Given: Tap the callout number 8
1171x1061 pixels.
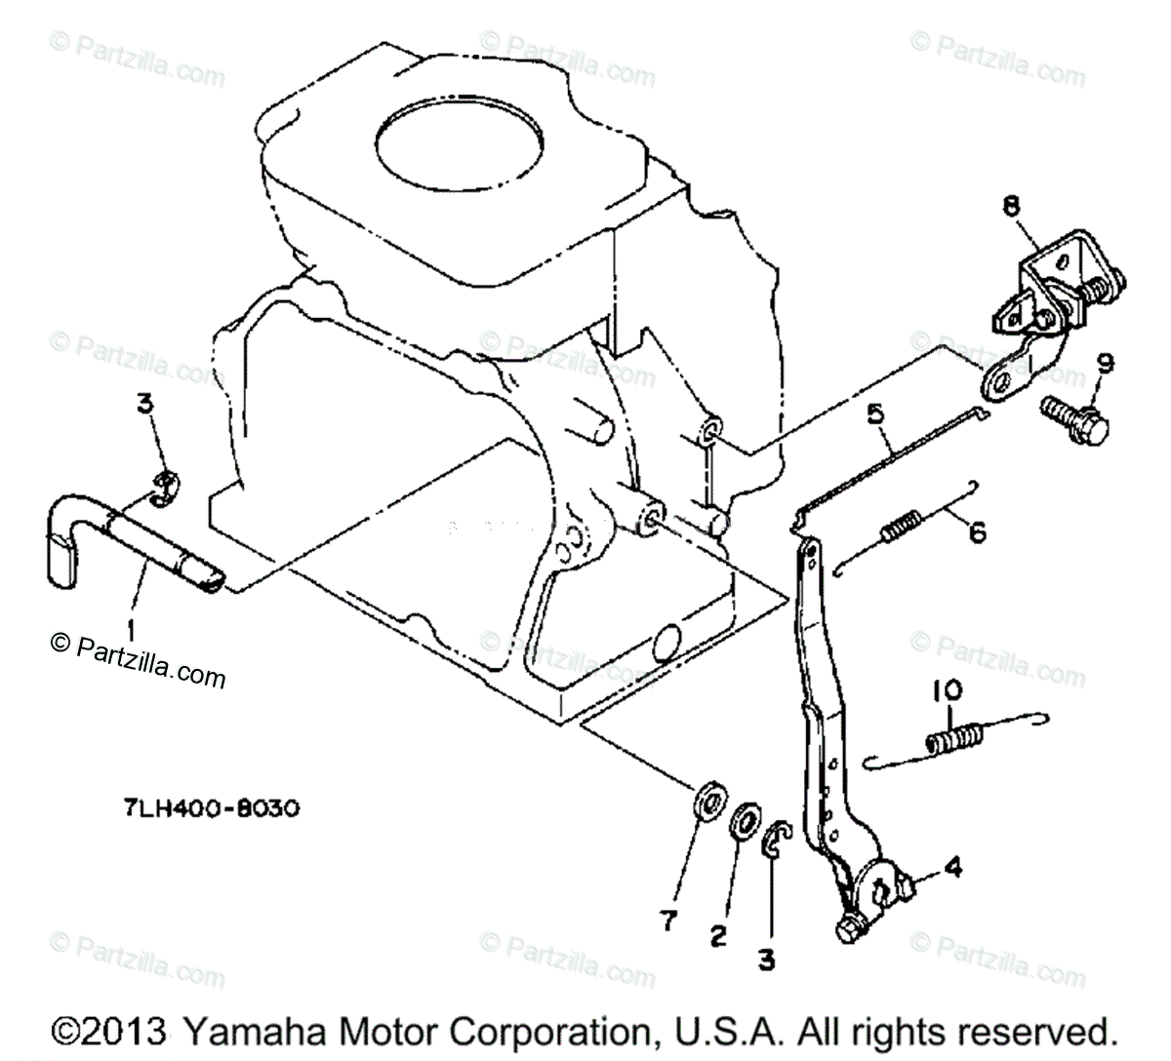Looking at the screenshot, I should [1010, 206].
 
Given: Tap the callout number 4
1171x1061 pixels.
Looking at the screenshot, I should [953, 865].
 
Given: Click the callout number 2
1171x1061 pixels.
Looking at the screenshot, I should [718, 936].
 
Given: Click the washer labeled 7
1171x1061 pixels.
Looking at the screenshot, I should [705, 803].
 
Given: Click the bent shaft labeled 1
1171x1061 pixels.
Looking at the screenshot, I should [146, 541].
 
